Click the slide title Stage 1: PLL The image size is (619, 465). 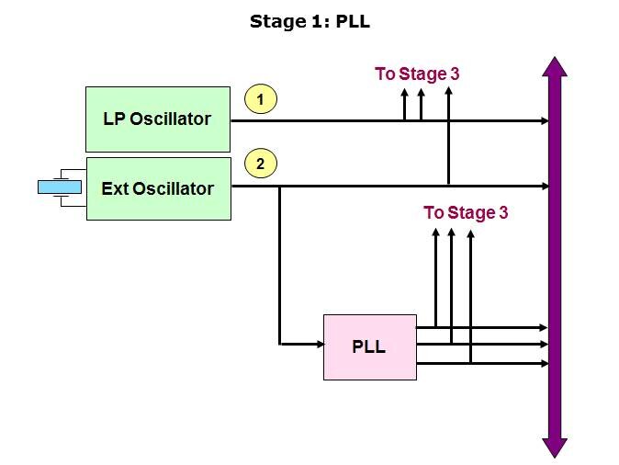coord(309,21)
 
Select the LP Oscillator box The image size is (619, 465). coord(157,119)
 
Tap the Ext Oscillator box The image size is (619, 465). coord(157,188)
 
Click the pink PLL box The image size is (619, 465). coord(369,346)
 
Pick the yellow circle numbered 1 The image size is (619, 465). coord(261,98)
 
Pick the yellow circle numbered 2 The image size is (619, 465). coord(261,164)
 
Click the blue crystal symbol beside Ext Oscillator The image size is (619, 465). coord(60,187)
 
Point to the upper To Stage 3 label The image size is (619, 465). coord(417,74)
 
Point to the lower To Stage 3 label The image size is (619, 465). coord(466,213)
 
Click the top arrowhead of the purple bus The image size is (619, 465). coord(555,67)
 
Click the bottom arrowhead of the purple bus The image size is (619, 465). coord(555,448)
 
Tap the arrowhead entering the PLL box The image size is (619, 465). coord(318,345)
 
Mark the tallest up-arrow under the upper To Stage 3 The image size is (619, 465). coord(448,92)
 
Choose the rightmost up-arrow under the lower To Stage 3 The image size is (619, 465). coord(469,235)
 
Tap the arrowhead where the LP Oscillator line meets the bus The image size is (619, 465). coord(545,120)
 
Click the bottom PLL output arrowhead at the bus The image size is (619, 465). coord(545,363)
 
